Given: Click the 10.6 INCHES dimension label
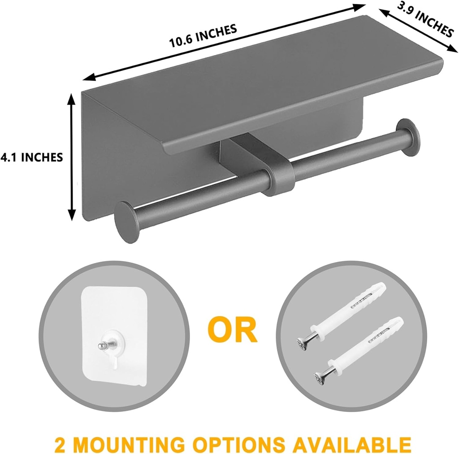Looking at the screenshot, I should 203,36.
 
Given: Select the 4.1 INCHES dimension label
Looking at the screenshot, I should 31,157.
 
